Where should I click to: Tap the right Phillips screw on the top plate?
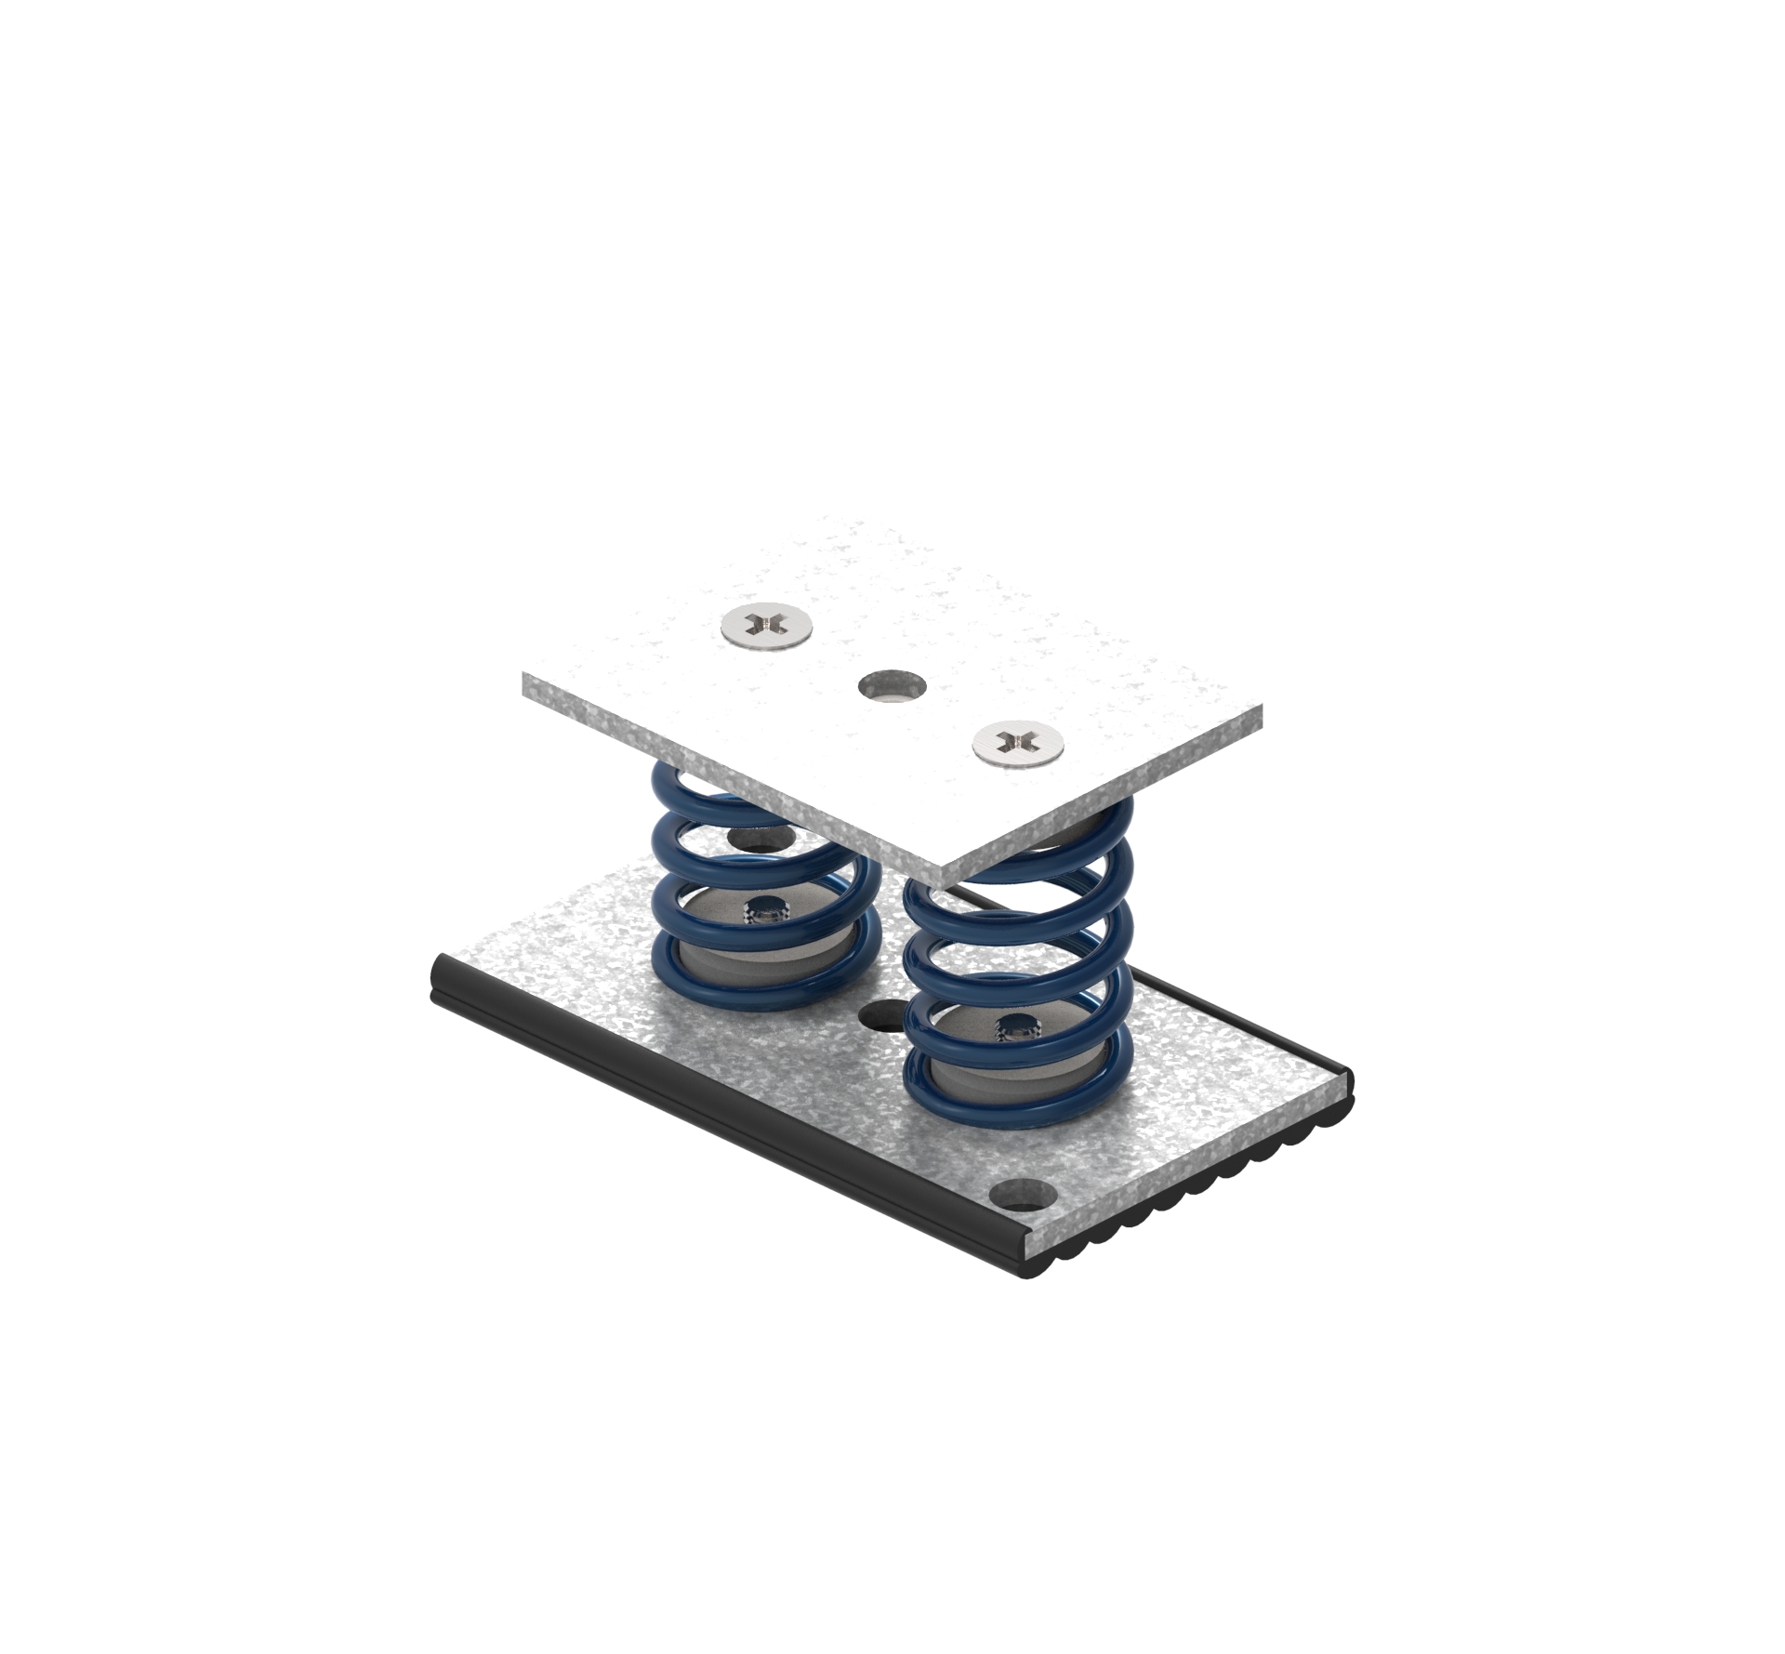(1018, 739)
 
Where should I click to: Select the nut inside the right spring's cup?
(1017, 1030)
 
